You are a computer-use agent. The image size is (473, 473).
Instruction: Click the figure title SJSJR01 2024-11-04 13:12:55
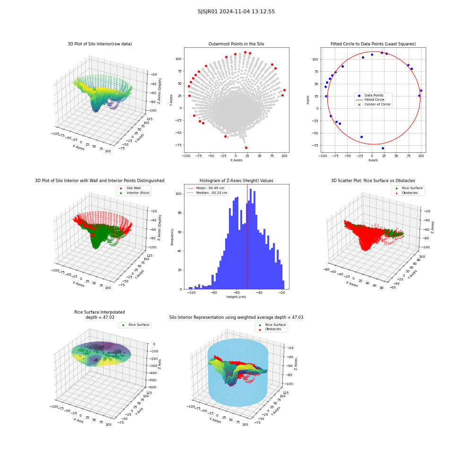236,11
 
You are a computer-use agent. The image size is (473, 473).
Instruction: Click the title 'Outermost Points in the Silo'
236,44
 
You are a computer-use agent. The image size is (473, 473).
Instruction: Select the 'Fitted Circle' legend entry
374,99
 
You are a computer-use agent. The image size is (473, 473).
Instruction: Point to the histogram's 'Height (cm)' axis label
236,297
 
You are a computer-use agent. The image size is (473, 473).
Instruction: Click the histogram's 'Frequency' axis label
172,237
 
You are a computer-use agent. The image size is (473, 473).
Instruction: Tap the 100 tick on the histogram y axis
179,194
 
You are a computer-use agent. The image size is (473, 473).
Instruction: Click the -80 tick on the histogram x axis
214,293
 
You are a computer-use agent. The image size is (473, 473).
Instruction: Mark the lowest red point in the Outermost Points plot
246,148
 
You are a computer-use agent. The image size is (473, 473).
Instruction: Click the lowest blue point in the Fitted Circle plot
383,148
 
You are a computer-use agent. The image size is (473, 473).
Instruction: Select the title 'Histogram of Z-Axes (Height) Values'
236,181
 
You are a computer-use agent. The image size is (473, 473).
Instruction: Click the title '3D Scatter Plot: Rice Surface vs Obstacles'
373,181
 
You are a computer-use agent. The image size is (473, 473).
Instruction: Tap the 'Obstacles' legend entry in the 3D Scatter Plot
410,193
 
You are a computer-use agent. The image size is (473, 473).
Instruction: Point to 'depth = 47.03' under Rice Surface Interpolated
100,317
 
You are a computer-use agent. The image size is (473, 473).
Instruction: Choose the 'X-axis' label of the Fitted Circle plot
373,160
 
